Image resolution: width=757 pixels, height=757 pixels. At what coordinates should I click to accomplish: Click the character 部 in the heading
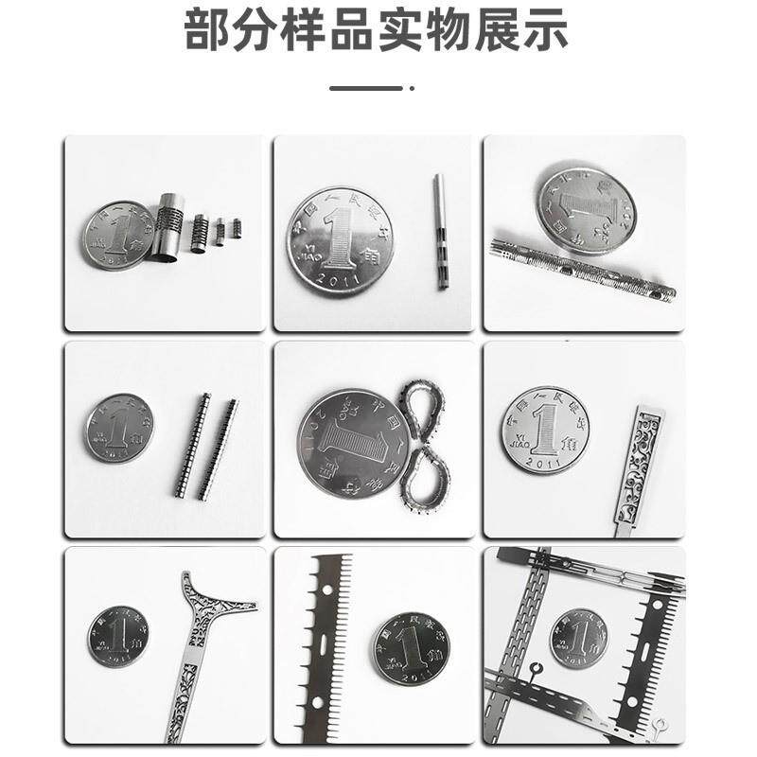click(x=210, y=31)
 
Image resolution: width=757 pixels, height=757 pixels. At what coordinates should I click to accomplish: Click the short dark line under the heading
click(x=365, y=88)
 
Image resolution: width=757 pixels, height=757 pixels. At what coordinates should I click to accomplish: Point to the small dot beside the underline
click(x=412, y=88)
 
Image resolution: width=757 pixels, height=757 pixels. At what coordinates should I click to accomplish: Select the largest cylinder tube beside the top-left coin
click(x=168, y=227)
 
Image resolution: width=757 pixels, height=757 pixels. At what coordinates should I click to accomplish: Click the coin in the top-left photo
click(x=119, y=236)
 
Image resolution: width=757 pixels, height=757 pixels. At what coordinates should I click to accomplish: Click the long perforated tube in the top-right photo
click(x=582, y=271)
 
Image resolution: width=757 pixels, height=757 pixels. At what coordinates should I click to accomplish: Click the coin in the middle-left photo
click(x=119, y=428)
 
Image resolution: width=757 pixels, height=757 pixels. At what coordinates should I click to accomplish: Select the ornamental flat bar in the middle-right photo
click(x=640, y=468)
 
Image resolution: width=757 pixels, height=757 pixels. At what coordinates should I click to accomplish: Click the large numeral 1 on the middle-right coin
click(x=544, y=429)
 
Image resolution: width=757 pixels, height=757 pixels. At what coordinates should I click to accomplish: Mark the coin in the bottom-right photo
click(x=578, y=639)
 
